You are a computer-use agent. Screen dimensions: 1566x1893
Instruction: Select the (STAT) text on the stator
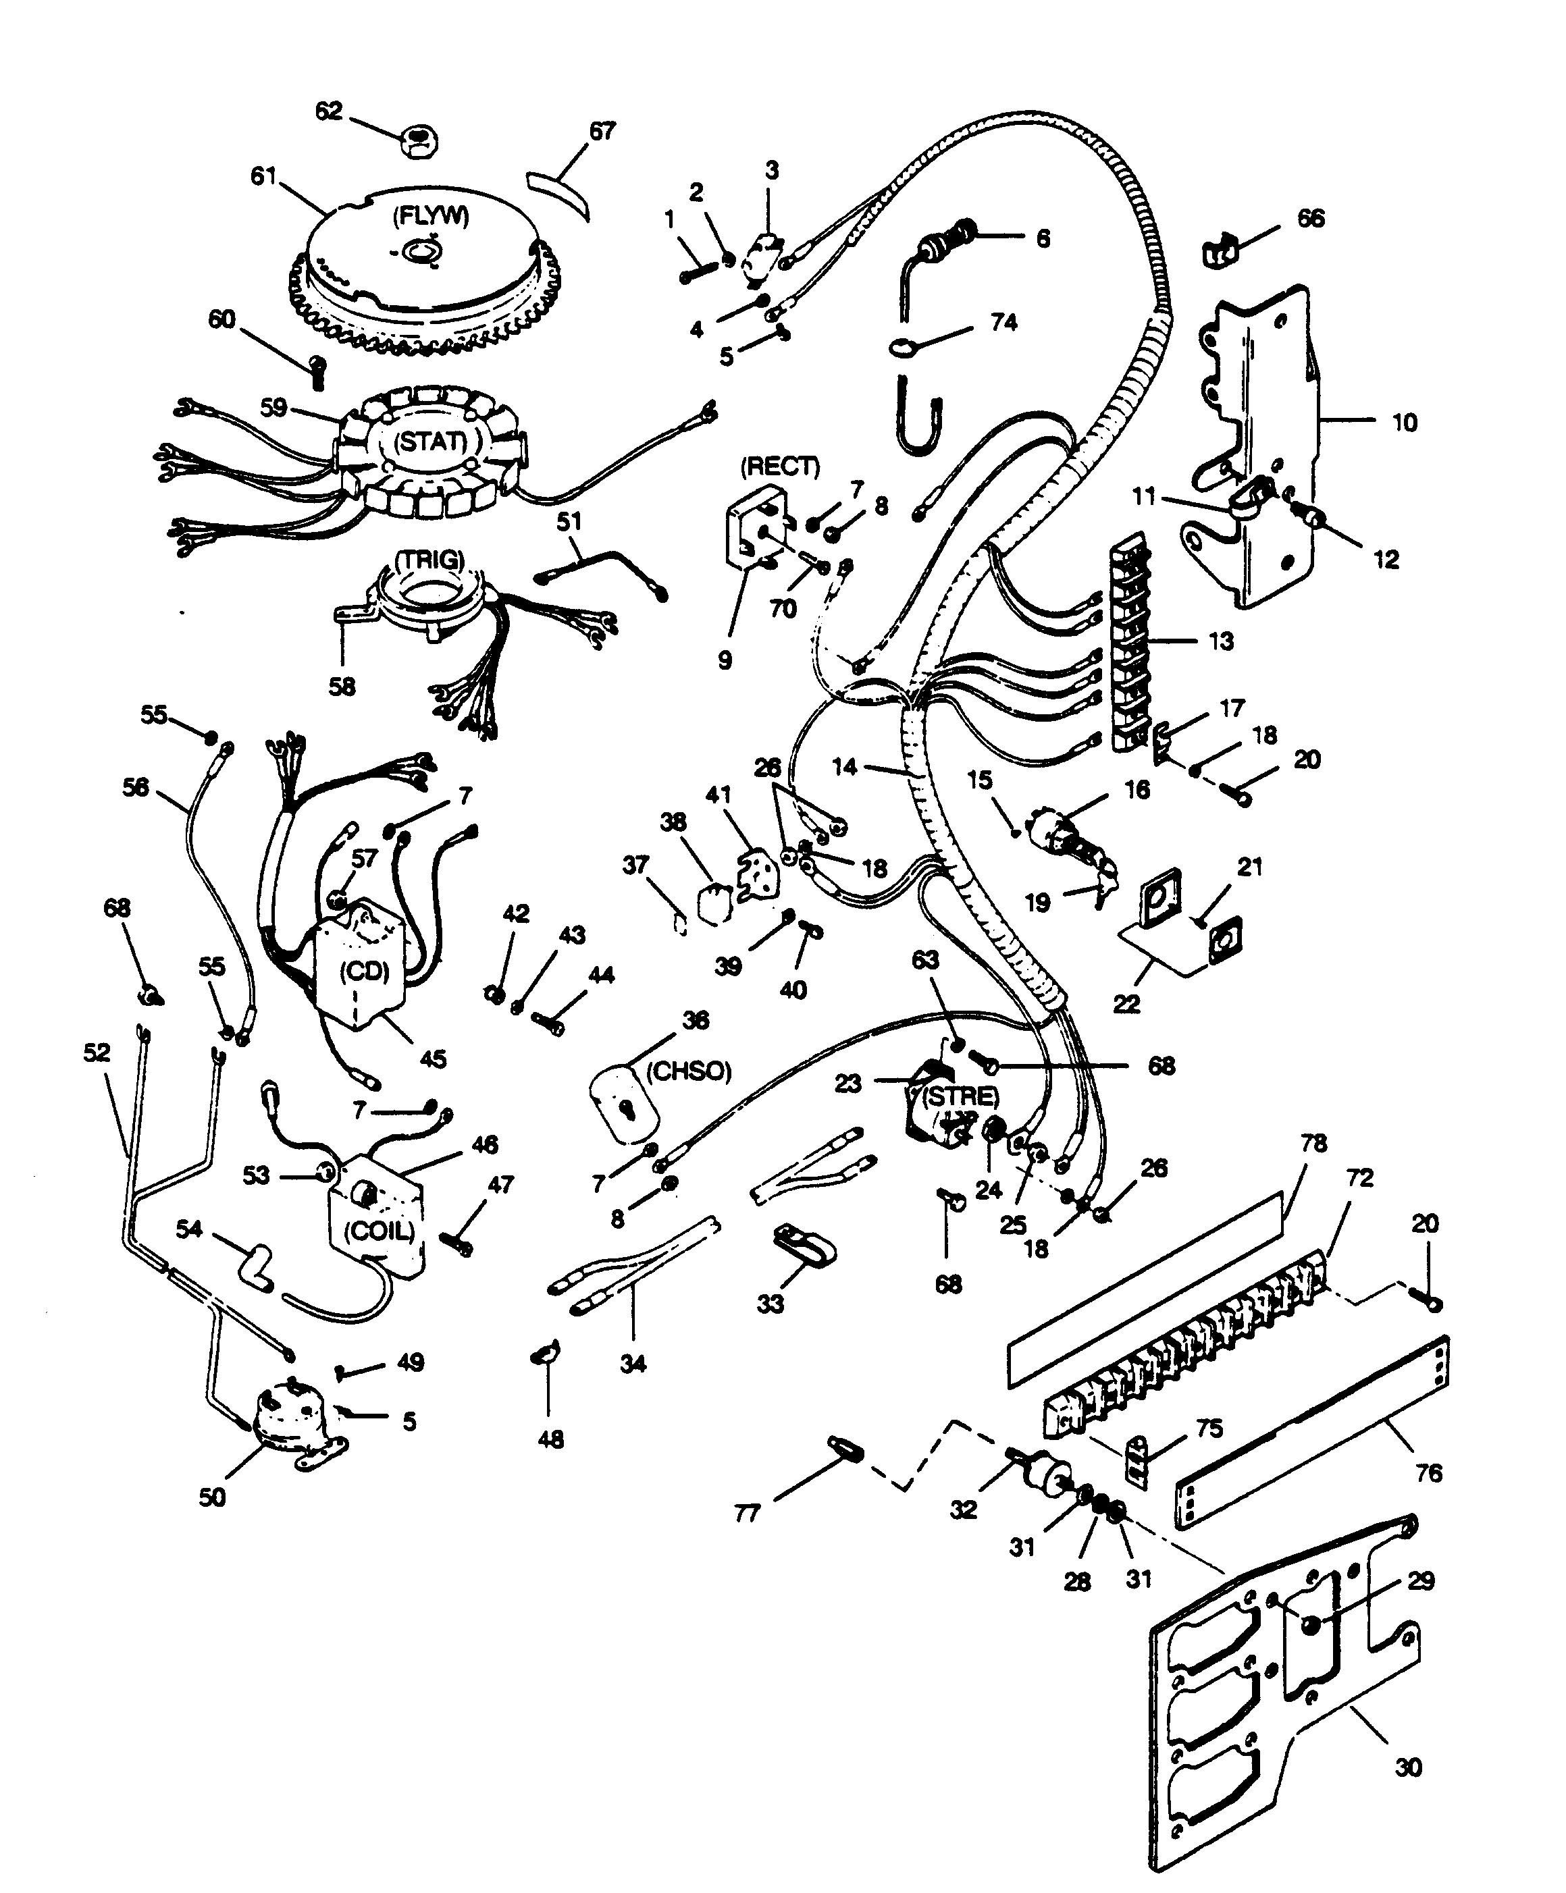tap(430, 442)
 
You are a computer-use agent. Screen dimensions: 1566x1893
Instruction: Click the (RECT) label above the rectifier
tap(780, 466)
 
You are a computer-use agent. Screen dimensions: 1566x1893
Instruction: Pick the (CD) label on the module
tap(364, 971)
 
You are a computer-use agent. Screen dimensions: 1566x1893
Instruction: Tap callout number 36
tap(695, 1020)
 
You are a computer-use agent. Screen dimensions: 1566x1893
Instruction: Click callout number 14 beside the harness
tap(844, 767)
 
